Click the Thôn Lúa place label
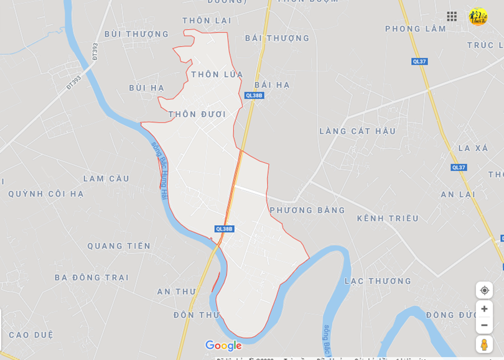coord(217,75)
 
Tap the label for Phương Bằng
coord(307,210)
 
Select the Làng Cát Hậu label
coord(357,131)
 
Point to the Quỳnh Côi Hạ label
coord(46,194)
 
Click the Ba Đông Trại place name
coord(91,277)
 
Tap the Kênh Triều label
coord(388,218)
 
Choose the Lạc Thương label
coord(378,281)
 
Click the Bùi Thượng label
coord(136,34)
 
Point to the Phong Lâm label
coord(415,29)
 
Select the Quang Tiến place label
coord(119,246)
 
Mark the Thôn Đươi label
coord(197,114)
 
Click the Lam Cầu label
coord(106,178)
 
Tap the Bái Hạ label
coord(272,85)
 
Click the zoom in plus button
coord(484,309)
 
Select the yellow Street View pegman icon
coord(484,344)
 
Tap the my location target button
coord(484,290)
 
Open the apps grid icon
coord(452,16)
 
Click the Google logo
coord(223,346)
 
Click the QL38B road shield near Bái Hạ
coord(254,95)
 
